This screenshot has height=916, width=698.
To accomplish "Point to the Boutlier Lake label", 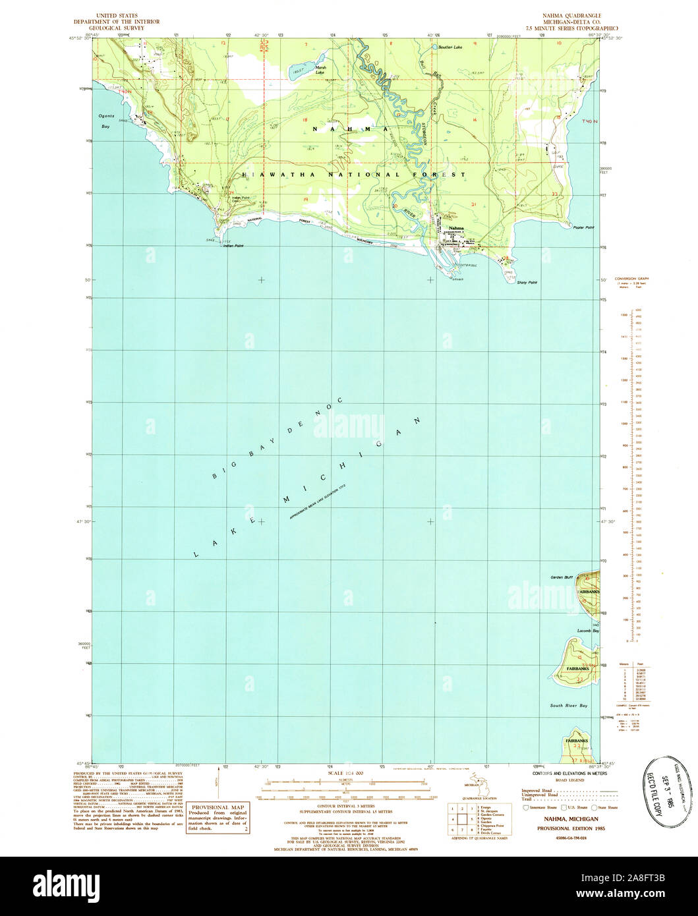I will pos(451,47).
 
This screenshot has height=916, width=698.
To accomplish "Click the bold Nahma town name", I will pos(456,228).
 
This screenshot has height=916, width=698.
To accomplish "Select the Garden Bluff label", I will pos(563,577).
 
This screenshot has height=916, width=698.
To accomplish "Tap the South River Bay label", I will pos(569,705).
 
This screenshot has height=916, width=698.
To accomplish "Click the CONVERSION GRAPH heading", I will pos(631,279).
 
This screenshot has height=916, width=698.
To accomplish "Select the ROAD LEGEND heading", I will pos(571,780).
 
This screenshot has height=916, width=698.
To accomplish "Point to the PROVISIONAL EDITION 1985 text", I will pos(571,826).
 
